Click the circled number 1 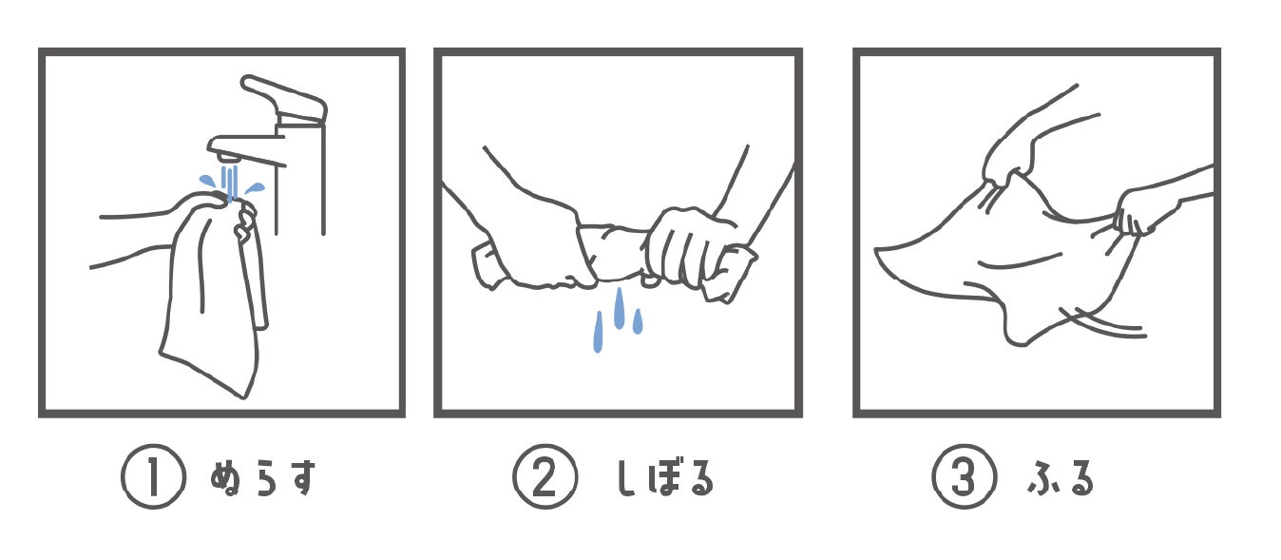click(153, 477)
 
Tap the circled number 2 click(545, 477)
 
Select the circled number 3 click(965, 477)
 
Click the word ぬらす click(263, 477)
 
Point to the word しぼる click(666, 477)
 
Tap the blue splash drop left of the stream click(207, 181)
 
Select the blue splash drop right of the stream click(255, 187)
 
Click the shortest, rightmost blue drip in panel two click(638, 321)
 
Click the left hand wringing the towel click(532, 246)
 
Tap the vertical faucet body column click(299, 178)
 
